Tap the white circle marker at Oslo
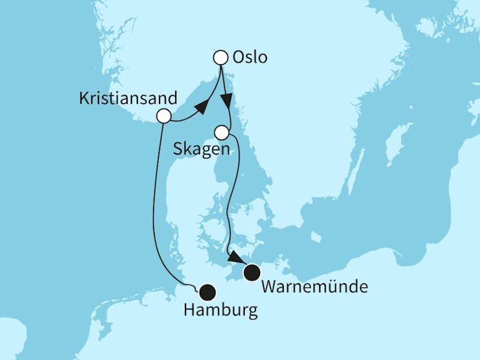[221, 58]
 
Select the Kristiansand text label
[128, 98]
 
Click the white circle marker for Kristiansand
[163, 116]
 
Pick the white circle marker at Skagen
[223, 131]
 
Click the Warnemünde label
[314, 287]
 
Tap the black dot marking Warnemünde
[251, 273]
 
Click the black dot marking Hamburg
[207, 292]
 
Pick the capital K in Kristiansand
[83, 98]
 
